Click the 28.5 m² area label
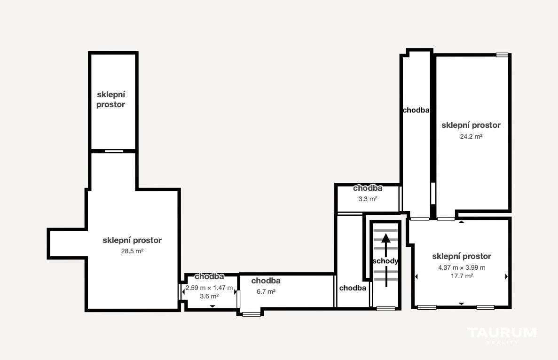[x=132, y=251]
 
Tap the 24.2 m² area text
[x=471, y=136]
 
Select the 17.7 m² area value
[x=462, y=276]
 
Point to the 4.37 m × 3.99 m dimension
[x=462, y=267]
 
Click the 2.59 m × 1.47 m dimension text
[x=209, y=288]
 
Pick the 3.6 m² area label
[x=209, y=297]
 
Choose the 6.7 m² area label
[x=266, y=292]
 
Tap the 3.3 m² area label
[x=368, y=199]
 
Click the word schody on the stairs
[x=385, y=261]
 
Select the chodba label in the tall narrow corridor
[x=416, y=110]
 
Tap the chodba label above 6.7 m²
[x=266, y=281]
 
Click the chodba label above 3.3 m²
[x=368, y=188]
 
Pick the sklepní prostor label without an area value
[x=110, y=100]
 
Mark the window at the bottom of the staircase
[x=386, y=308]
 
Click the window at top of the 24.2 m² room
[x=502, y=55]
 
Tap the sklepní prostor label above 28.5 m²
[x=132, y=240]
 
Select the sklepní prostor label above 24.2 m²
[x=471, y=125]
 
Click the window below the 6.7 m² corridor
[x=251, y=314]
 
